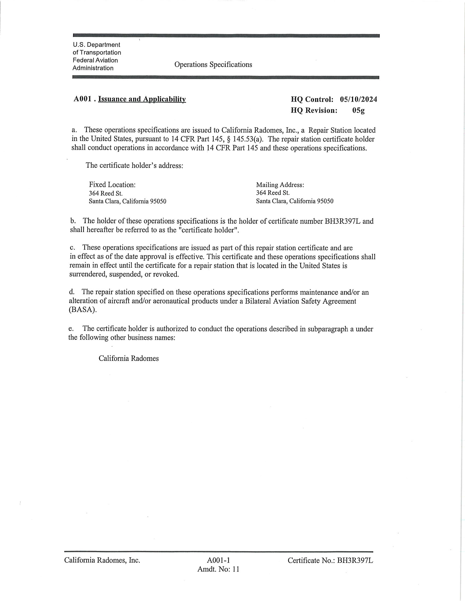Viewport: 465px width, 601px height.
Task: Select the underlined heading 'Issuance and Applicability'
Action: coord(142,99)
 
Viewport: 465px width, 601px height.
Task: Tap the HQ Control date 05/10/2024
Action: coord(358,99)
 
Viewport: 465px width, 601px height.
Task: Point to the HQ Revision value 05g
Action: coord(358,111)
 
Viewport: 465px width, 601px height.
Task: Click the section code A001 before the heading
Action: coord(82,99)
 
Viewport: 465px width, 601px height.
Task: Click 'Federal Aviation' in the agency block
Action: coord(95,60)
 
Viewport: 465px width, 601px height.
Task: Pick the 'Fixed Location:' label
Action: coord(112,185)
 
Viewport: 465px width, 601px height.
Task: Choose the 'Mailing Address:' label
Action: coord(280,185)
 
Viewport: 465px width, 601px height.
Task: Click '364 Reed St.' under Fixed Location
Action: coord(106,193)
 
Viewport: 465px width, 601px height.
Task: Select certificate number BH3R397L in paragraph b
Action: coord(343,221)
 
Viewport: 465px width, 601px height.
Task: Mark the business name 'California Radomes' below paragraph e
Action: coord(129,359)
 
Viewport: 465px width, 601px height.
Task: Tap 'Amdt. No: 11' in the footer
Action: coord(218,569)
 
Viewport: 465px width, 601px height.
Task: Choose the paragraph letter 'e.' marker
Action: coord(71,329)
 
